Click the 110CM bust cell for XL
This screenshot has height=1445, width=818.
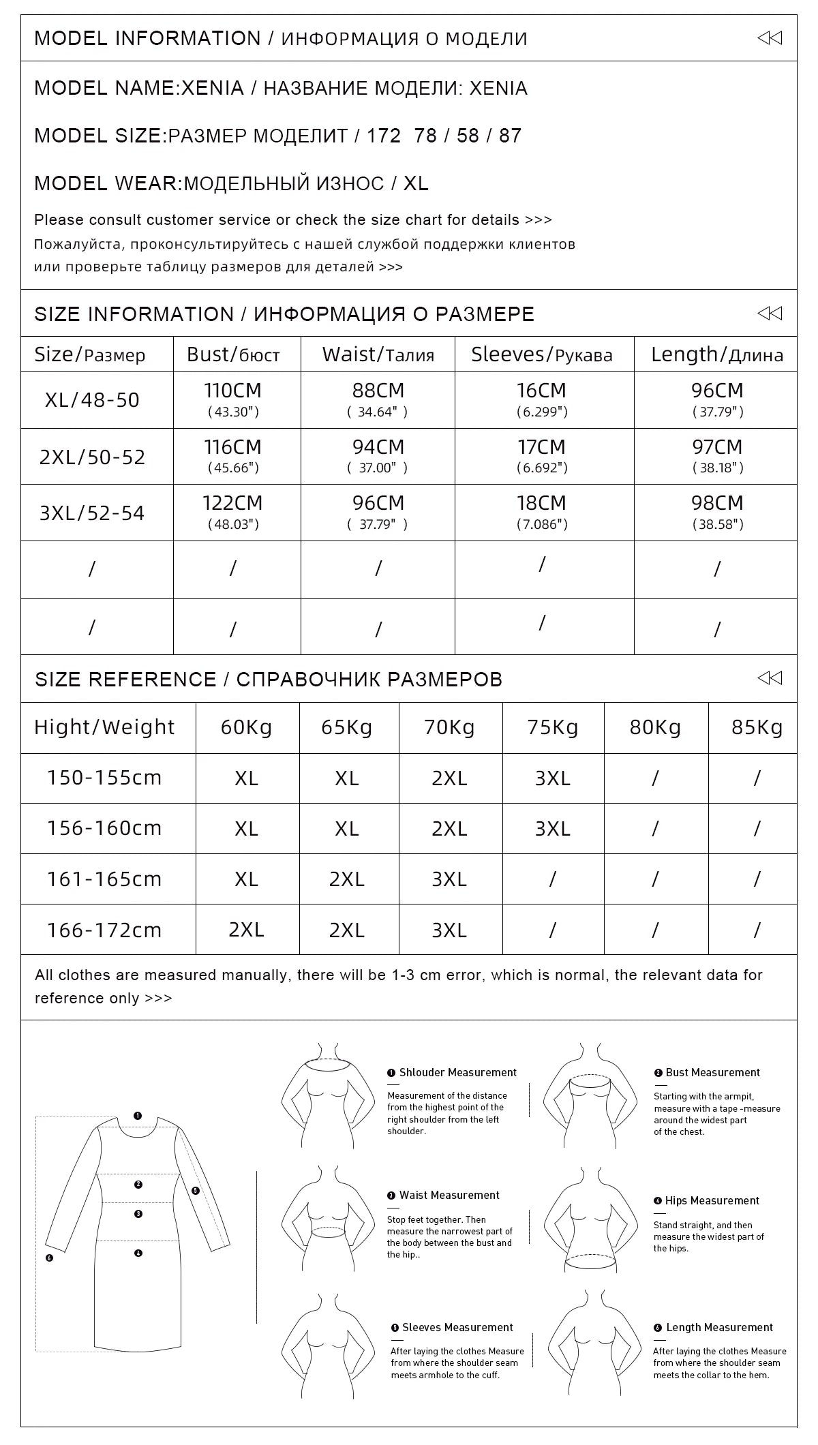pos(232,399)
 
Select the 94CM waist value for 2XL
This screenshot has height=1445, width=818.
pos(378,455)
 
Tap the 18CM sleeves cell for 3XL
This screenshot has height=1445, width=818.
pos(541,512)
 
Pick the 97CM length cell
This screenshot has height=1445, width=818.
pos(716,455)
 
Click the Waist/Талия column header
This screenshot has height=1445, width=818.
pos(378,354)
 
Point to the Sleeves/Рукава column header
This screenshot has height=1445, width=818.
pos(541,354)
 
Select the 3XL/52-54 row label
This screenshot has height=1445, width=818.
pos(92,513)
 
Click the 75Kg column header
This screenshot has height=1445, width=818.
pos(552,727)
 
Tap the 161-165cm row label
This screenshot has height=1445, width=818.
pos(104,879)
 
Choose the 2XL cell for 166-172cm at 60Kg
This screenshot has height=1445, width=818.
pos(246,930)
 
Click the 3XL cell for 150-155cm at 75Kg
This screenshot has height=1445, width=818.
pos(552,778)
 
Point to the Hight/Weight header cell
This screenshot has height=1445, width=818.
pos(104,727)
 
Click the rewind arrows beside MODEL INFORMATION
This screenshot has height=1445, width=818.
pos(770,38)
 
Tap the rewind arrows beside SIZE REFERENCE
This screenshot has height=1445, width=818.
pos(770,678)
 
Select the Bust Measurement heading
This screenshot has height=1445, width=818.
pos(712,1072)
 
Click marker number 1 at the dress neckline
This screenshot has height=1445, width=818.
pos(138,1116)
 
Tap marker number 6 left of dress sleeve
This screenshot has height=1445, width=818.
pos(49,1258)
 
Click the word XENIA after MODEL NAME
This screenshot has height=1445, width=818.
pos(212,88)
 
